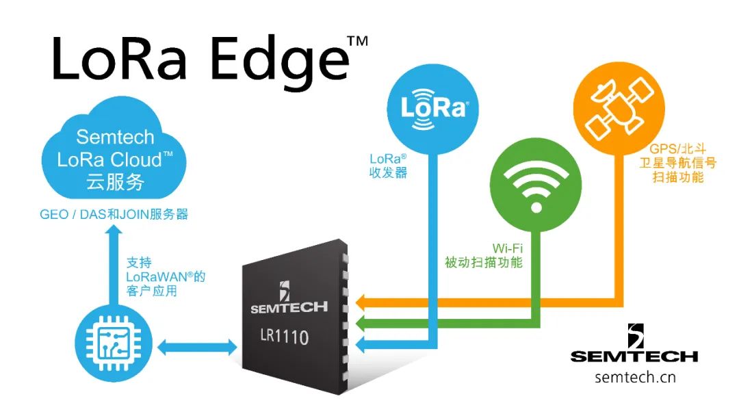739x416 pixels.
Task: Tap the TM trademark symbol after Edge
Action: [358, 42]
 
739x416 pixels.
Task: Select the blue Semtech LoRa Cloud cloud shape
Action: [114, 149]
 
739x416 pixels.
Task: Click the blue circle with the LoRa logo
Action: [432, 109]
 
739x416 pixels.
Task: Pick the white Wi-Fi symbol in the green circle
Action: [536, 188]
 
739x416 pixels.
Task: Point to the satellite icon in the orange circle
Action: [619, 109]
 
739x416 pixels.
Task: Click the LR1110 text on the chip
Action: [284, 337]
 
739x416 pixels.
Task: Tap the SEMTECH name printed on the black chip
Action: [289, 308]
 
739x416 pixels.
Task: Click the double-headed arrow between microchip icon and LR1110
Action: [197, 347]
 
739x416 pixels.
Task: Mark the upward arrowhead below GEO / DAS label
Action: [113, 230]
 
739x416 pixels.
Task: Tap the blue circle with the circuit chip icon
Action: [114, 343]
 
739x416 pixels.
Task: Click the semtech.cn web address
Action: [635, 378]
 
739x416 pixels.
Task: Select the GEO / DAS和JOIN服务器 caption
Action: [114, 214]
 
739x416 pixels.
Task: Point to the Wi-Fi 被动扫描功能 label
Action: [484, 255]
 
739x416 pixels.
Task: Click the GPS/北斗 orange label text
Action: [677, 149]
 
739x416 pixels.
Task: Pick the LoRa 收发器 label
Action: [388, 166]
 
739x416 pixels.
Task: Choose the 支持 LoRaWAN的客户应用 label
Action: [166, 276]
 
